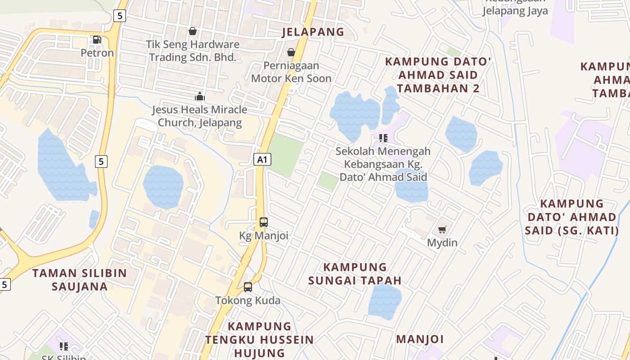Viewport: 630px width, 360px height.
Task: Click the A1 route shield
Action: pyautogui.click(x=263, y=159)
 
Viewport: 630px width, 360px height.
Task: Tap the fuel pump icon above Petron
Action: pyautogui.click(x=97, y=40)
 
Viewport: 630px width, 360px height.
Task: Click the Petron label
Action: pyautogui.click(x=97, y=53)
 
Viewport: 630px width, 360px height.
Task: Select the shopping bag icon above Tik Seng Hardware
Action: pyautogui.click(x=193, y=31)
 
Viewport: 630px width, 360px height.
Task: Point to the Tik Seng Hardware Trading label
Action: pyautogui.click(x=193, y=51)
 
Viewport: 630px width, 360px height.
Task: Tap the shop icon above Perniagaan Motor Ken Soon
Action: pyautogui.click(x=291, y=52)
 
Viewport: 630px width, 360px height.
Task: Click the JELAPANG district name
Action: pyautogui.click(x=313, y=32)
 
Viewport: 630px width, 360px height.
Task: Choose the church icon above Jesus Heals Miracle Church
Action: pyautogui.click(x=199, y=96)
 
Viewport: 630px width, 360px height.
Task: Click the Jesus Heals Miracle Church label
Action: pyautogui.click(x=199, y=116)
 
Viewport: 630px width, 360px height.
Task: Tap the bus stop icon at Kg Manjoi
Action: pyautogui.click(x=264, y=222)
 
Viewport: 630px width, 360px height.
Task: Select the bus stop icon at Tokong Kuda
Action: pyautogui.click(x=247, y=287)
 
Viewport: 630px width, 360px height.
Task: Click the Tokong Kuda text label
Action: pyautogui.click(x=247, y=300)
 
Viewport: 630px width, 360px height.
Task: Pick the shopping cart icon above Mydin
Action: pyautogui.click(x=442, y=230)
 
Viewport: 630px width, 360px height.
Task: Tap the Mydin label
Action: pyautogui.click(x=442, y=243)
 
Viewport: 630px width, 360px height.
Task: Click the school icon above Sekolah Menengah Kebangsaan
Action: pyautogui.click(x=383, y=138)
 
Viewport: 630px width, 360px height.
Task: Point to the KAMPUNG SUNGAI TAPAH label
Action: pyautogui.click(x=355, y=274)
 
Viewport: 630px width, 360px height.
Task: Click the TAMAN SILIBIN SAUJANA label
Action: pyautogui.click(x=80, y=279)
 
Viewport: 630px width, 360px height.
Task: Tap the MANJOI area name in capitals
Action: pyautogui.click(x=420, y=339)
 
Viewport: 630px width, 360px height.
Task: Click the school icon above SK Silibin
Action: pyautogui.click(x=63, y=346)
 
